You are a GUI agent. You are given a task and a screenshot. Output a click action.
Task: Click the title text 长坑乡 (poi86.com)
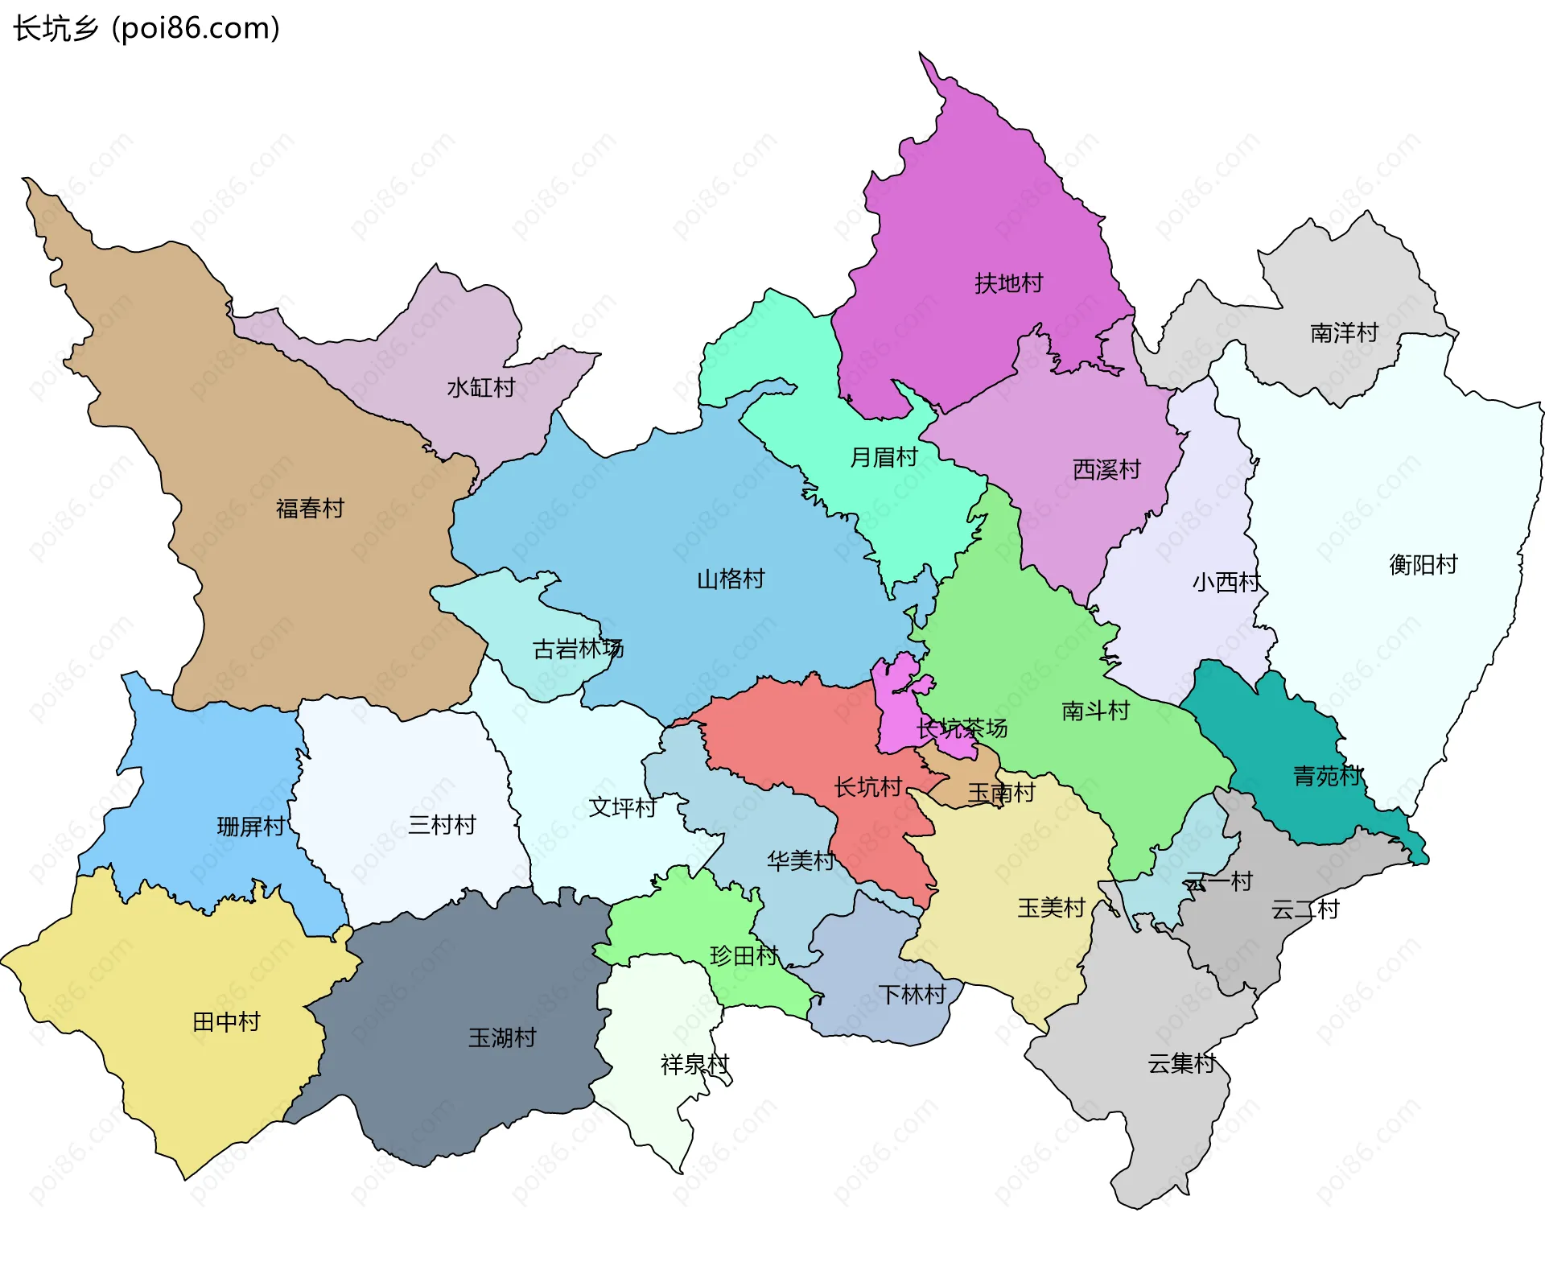coord(146,28)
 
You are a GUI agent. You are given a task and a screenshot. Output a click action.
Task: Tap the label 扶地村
coord(1008,283)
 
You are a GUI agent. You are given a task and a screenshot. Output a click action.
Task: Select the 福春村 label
coord(310,509)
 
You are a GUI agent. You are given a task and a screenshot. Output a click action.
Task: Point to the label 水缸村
coord(480,388)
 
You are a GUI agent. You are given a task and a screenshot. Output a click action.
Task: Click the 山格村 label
coord(730,579)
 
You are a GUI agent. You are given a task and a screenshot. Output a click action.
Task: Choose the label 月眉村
coord(884,457)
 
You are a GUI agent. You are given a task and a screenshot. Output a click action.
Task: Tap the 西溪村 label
coord(1106,469)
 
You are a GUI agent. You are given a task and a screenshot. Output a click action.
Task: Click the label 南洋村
coord(1344,332)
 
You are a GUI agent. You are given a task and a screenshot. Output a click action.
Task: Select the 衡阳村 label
coord(1423,565)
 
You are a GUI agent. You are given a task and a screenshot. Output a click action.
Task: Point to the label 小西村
coord(1226,582)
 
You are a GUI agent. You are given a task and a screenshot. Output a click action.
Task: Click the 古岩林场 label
coord(578,649)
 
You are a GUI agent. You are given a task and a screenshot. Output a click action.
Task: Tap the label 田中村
coord(226,1022)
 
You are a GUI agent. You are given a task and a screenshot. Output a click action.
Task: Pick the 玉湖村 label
coord(502,1037)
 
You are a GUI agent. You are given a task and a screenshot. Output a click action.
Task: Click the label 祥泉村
coord(694,1065)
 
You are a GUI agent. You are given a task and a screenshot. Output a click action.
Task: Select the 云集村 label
coord(1181,1063)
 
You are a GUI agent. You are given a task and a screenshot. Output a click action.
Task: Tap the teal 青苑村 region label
coord(1327,776)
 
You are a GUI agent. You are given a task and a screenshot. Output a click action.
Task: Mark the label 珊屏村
coord(250,827)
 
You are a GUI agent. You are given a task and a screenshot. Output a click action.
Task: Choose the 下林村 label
coord(912,995)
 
